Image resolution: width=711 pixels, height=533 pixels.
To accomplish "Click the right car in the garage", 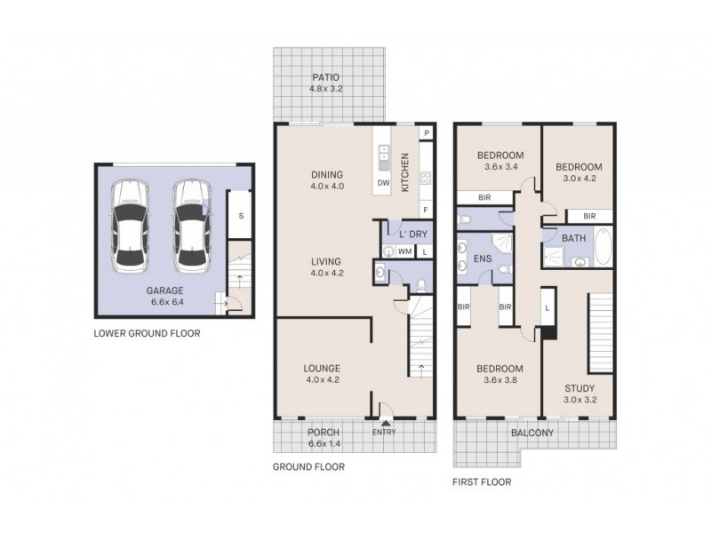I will coord(192,227).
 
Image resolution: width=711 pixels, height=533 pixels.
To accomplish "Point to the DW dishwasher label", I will coord(384,182).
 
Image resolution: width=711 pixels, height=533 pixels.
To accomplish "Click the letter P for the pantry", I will coord(427,133).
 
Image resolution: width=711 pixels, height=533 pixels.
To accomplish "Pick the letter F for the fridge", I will coord(426,210).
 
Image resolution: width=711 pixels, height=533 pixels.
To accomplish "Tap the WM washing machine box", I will coord(404,252).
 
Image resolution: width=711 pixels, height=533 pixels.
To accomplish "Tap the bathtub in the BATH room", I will coord(603,248).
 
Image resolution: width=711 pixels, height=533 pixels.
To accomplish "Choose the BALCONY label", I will coord(532,434).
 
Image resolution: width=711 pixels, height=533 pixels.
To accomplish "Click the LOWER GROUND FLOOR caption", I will coord(147,334).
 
